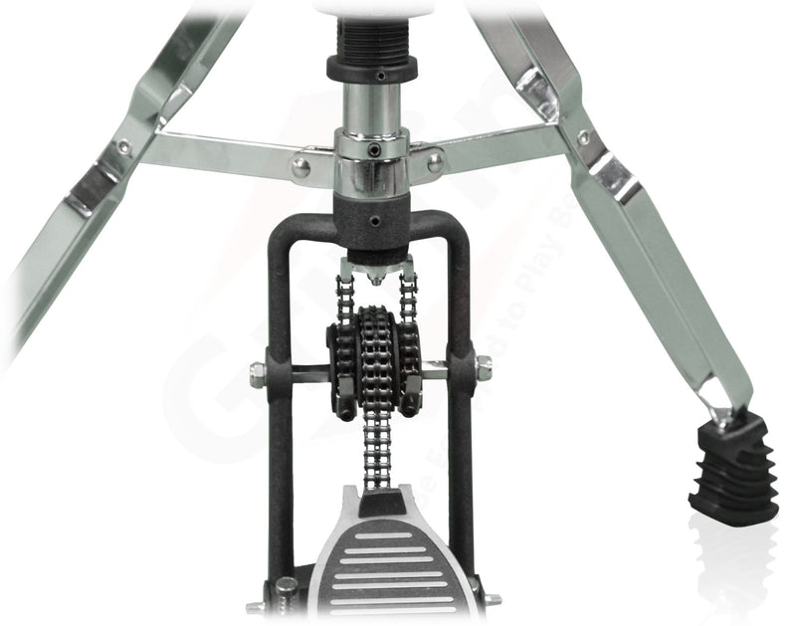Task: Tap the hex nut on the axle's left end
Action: point(257,375)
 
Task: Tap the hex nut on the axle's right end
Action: point(484,369)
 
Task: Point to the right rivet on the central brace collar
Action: point(435,162)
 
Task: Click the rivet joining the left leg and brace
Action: point(124,146)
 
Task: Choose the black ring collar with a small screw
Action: point(372,71)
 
